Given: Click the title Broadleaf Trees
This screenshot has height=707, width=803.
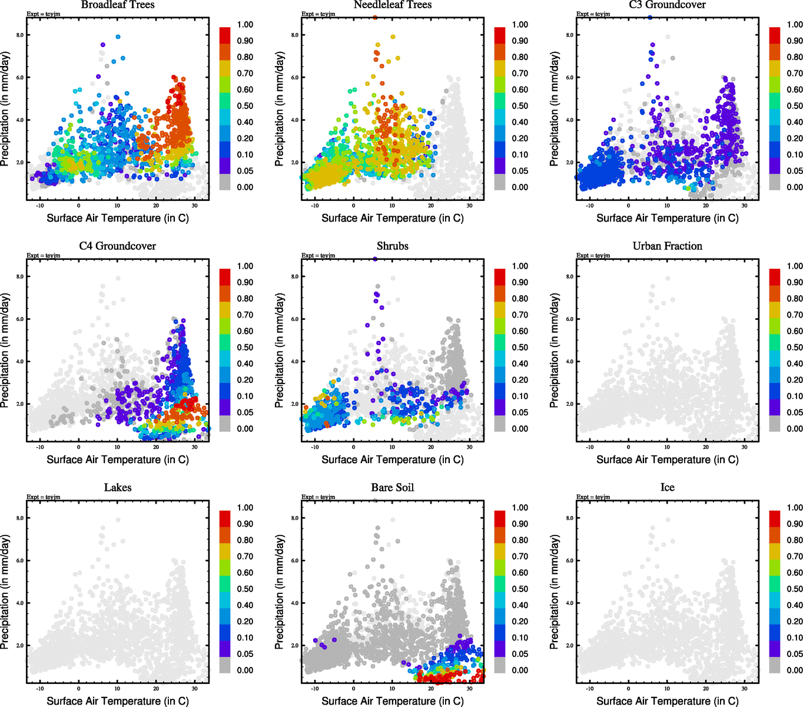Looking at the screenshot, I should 118,5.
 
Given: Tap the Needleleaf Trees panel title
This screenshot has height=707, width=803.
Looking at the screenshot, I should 393,5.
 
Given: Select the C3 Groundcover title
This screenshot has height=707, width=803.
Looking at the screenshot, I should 667,5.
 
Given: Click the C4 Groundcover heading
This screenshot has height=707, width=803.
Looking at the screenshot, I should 118,246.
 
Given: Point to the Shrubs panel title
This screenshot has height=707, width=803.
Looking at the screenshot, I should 393,246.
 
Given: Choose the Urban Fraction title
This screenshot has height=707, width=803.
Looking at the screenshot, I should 667,246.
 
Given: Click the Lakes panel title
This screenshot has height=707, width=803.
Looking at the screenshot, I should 118,488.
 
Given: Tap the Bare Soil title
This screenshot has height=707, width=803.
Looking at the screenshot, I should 393,488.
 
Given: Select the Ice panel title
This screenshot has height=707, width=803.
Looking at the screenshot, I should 667,488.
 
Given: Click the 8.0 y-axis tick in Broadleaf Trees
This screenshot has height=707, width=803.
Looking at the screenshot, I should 20,35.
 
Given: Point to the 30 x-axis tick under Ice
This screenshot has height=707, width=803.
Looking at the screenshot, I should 744,689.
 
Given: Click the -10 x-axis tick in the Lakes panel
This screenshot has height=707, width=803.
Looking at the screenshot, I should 40,689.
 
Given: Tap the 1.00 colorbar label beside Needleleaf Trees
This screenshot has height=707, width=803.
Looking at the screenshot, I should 520,25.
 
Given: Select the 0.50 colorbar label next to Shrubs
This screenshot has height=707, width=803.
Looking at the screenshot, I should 520,348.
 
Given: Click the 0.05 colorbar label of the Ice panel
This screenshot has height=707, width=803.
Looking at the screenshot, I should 795,654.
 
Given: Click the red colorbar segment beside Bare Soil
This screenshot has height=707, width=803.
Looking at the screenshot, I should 500,518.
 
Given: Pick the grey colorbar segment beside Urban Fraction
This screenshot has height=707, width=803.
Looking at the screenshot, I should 775,424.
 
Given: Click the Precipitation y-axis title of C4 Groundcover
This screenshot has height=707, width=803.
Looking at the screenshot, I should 6,351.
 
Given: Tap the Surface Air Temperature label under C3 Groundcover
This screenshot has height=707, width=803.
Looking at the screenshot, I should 667,219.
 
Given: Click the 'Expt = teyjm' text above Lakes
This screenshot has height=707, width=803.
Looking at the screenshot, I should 43,497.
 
